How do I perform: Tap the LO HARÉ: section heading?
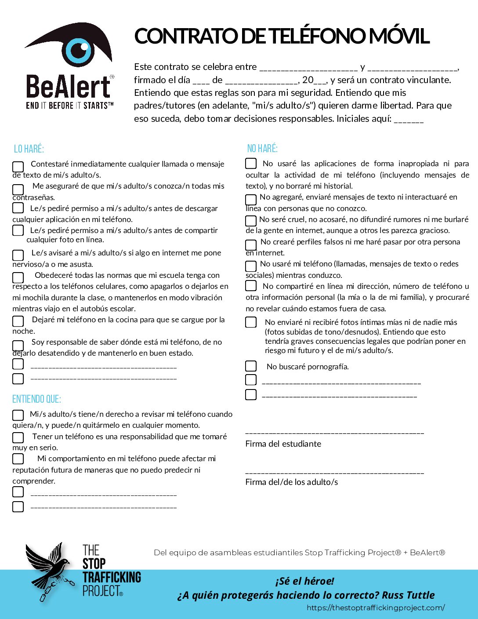[x=29, y=149]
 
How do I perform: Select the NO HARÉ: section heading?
[x=262, y=149]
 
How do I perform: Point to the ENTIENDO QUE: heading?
[x=36, y=399]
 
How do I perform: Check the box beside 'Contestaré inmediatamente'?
[x=18, y=167]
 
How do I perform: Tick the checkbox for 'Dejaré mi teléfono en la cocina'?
[x=18, y=321]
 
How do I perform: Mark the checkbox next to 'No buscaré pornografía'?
[x=251, y=366]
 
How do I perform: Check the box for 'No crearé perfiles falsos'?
[x=251, y=244]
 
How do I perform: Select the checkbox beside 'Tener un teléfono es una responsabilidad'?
[x=18, y=437]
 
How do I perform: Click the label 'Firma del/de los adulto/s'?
[x=291, y=482]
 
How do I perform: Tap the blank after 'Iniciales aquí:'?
[x=409, y=120]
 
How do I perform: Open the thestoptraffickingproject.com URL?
[x=376, y=608]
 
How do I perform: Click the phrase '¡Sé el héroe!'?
[x=304, y=581]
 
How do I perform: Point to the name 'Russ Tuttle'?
[x=408, y=595]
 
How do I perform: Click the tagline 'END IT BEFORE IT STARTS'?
[x=69, y=106]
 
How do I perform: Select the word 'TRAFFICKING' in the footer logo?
[x=112, y=577]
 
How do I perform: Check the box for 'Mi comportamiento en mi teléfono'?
[x=18, y=459]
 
